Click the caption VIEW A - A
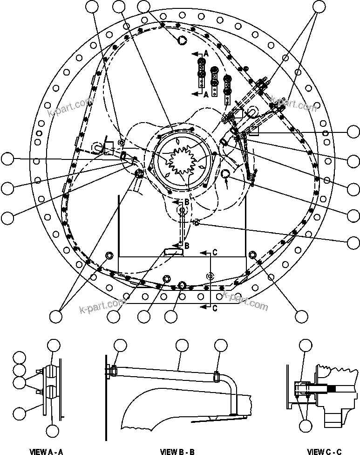coord(46,451)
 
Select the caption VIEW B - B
coord(177,451)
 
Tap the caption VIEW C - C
coord(325,451)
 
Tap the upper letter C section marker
coord(215,252)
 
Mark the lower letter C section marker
coord(214,308)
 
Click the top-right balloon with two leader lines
coord(319,6)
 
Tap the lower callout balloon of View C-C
coord(305,425)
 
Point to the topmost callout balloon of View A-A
coord(54,345)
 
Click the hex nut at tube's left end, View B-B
coord(112,371)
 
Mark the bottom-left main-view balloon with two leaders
coord(55,316)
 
